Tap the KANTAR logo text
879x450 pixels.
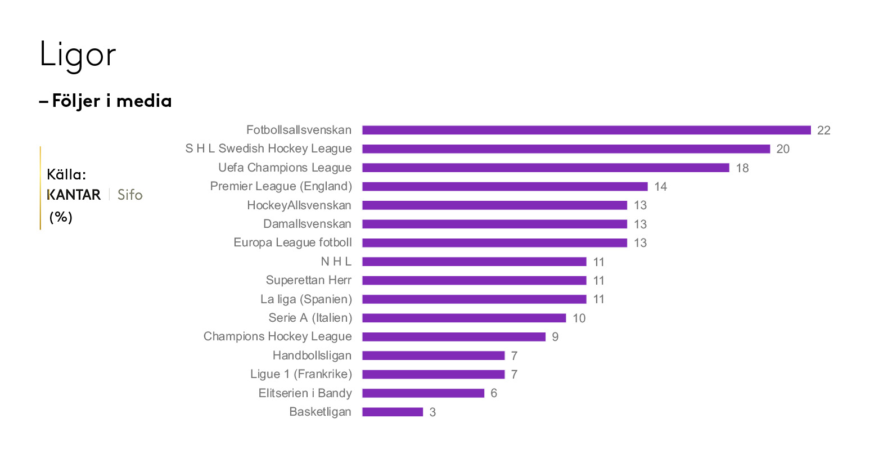(74, 195)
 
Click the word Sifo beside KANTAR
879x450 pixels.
(130, 195)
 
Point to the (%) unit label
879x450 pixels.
(61, 217)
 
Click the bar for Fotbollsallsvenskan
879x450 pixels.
(586, 130)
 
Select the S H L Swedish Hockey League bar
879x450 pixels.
(566, 149)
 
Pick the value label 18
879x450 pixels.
(742, 168)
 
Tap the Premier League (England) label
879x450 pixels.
(281, 186)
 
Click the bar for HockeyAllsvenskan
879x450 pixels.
(494, 205)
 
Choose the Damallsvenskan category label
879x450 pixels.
(307, 224)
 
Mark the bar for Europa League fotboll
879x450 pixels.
(494, 243)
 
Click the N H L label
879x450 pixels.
(336, 262)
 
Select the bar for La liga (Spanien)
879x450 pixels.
(474, 299)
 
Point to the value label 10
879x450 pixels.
(579, 318)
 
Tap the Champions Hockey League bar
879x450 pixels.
(453, 337)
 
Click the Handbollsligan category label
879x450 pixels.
(312, 355)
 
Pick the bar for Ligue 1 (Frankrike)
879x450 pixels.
(433, 374)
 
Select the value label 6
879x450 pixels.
(494, 393)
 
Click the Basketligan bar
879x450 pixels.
(392, 412)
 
